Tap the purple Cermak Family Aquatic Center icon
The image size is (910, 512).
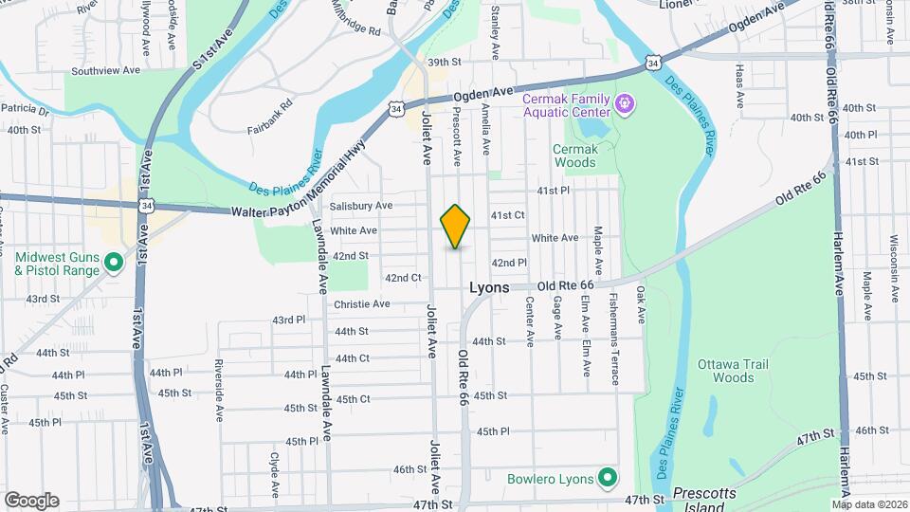pyautogui.click(x=625, y=102)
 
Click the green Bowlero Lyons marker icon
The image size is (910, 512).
pyautogui.click(x=608, y=478)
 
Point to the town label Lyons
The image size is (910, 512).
pyautogui.click(x=490, y=287)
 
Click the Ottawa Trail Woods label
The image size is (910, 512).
pyautogui.click(x=732, y=371)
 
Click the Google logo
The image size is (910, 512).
pyautogui.click(x=31, y=500)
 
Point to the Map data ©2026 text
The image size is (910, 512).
pyautogui.click(x=867, y=503)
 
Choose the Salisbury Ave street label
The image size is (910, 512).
pyautogui.click(x=360, y=206)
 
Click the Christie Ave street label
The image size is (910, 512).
pyautogui.click(x=361, y=304)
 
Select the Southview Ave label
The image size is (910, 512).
pyautogui.click(x=105, y=70)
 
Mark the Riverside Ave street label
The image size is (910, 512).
pyautogui.click(x=218, y=377)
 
